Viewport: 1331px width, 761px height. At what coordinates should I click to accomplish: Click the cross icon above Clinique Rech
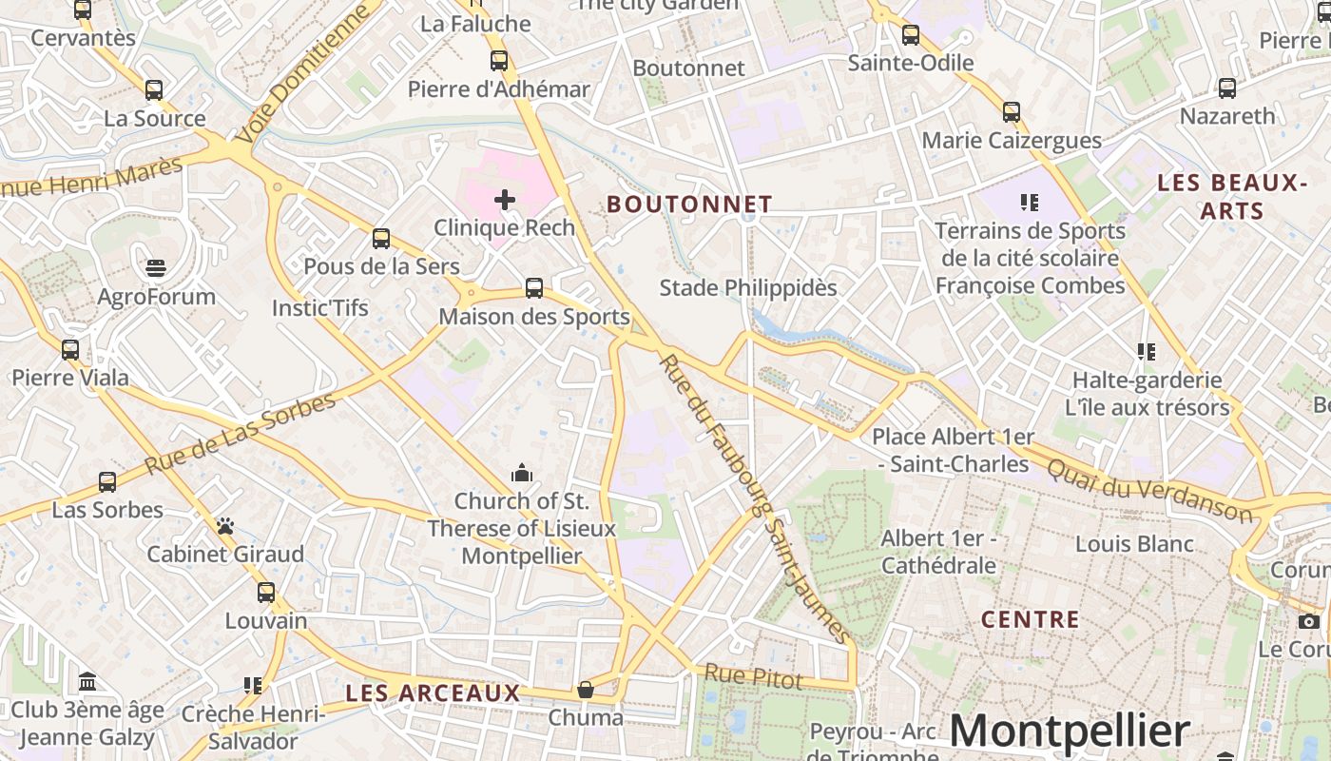[x=505, y=200]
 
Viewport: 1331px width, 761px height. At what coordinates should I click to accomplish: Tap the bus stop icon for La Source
[x=154, y=90]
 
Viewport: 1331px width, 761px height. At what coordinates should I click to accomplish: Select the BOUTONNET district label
[x=689, y=205]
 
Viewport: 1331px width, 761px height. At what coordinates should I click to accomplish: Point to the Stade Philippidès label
[x=748, y=287]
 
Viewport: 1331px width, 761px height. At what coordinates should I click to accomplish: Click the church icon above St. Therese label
[x=521, y=473]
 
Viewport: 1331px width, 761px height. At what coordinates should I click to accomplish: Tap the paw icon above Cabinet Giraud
[x=225, y=526]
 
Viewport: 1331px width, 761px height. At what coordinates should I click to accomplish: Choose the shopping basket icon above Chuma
[x=586, y=689]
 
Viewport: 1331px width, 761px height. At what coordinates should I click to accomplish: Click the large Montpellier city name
[x=1069, y=732]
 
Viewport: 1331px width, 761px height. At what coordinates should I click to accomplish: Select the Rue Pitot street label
[x=754, y=678]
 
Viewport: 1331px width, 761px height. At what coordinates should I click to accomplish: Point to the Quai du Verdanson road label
[x=1150, y=490]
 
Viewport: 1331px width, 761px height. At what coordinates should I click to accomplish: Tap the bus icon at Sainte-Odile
[x=911, y=35]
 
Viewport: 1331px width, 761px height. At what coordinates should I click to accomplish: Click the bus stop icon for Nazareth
[x=1227, y=88]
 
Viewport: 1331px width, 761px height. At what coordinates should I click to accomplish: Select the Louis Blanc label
[x=1134, y=544]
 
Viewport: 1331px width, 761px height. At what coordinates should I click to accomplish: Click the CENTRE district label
[x=1031, y=620]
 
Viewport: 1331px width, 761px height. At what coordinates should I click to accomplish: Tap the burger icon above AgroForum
[x=157, y=268]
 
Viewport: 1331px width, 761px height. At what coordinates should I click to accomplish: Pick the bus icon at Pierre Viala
[x=70, y=349]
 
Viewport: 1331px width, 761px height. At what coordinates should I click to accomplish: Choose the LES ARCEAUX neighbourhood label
[x=433, y=693]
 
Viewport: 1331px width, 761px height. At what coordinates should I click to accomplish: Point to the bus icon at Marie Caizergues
[x=1012, y=112]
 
